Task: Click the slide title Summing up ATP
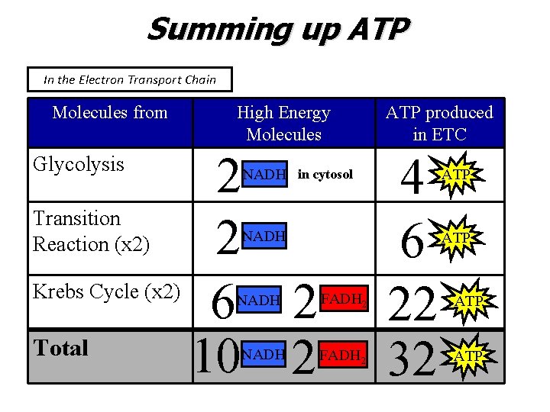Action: tap(279, 31)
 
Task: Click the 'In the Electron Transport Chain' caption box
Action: tap(130, 79)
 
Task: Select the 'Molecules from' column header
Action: tap(110, 113)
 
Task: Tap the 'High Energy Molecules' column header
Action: tap(283, 123)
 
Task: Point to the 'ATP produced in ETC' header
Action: tap(439, 123)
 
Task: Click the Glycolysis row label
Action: tap(79, 164)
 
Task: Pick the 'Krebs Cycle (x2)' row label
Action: tap(106, 291)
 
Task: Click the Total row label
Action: tap(61, 348)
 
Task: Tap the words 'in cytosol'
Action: tap(325, 175)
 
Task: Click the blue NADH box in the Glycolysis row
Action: tap(264, 175)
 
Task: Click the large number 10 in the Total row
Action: tap(217, 356)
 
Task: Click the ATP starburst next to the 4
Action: tap(456, 175)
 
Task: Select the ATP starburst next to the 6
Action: tap(456, 238)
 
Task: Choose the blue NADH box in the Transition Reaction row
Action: tap(264, 237)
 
